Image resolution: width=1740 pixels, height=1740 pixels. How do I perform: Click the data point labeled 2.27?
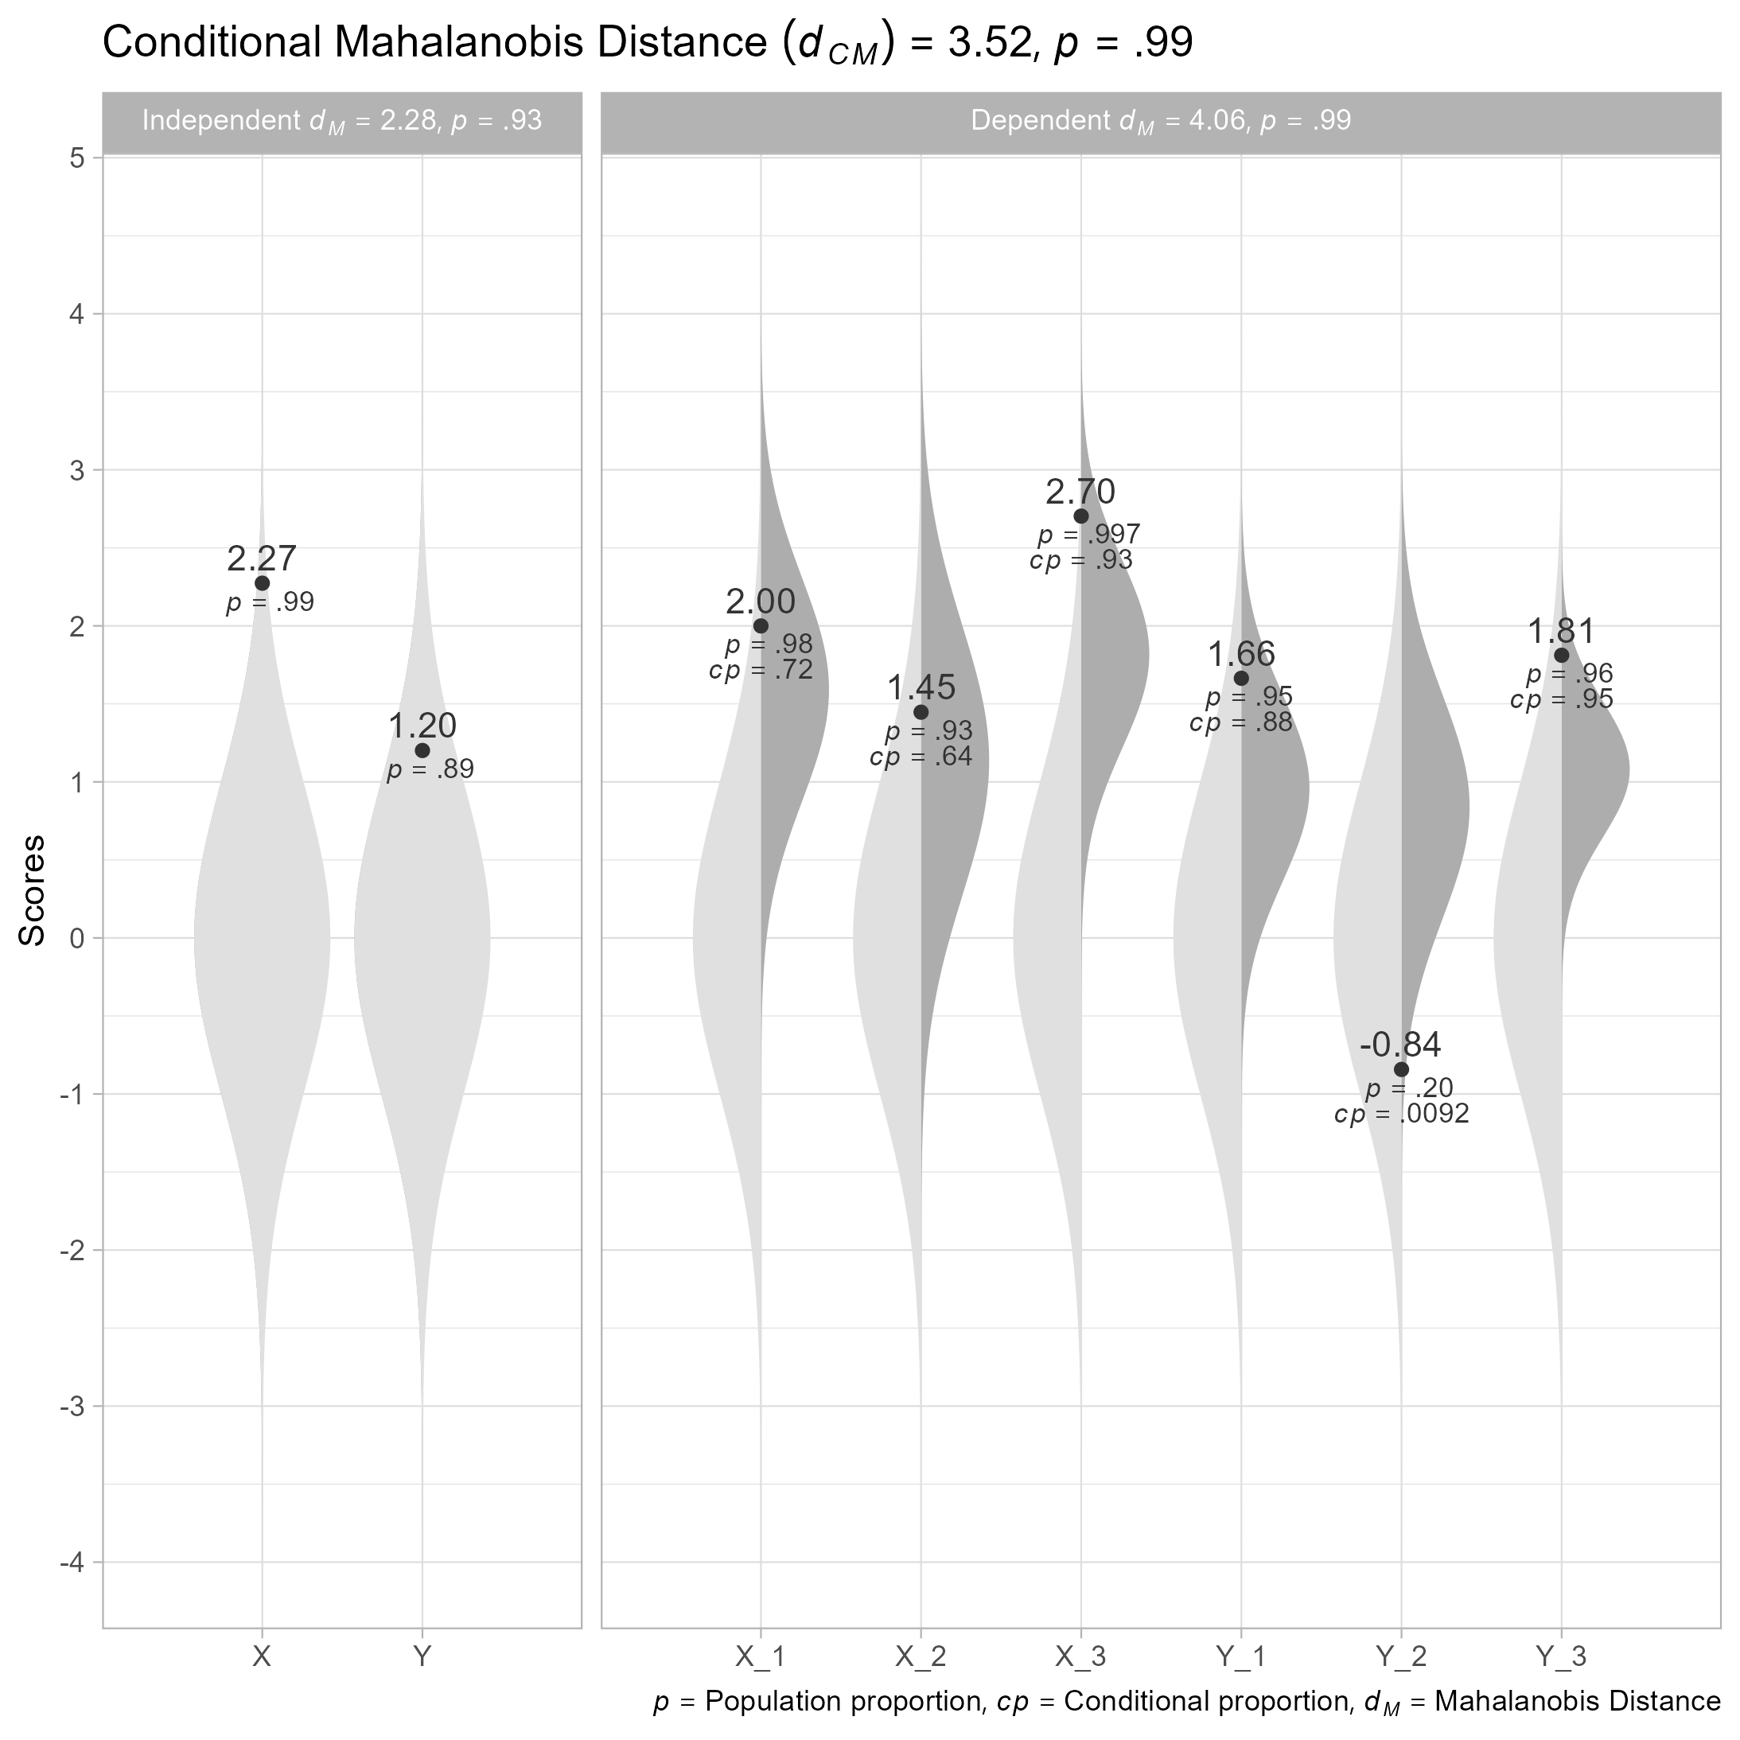[262, 584]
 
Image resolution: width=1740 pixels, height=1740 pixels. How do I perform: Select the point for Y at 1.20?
[422, 750]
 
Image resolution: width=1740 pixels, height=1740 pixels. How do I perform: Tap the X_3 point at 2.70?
[1080, 516]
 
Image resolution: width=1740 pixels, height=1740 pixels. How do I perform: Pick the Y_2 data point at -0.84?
[1401, 1069]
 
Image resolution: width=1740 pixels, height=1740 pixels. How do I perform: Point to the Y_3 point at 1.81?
[1561, 655]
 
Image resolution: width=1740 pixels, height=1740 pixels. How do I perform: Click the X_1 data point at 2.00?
[761, 626]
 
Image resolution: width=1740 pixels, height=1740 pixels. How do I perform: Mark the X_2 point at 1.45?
[921, 711]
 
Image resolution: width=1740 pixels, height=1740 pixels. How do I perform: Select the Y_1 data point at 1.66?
[1241, 678]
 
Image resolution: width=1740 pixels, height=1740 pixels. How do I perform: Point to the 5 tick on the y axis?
[77, 158]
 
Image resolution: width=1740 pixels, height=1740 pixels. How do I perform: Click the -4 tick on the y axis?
[72, 1562]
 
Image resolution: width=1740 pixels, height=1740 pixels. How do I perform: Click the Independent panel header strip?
[342, 122]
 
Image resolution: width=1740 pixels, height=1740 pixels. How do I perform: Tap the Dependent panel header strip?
[1160, 122]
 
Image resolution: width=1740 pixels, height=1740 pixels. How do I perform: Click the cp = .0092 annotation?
[1401, 1115]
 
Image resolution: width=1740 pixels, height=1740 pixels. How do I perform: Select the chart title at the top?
[648, 43]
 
